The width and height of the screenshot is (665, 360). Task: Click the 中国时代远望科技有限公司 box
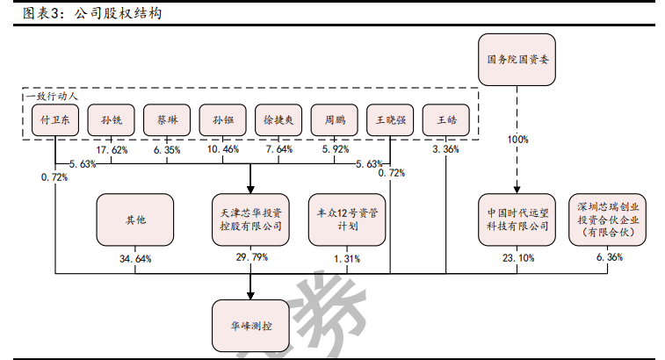pos(517,219)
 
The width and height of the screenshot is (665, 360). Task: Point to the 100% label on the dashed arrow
pos(517,139)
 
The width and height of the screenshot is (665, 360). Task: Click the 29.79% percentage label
pos(251,258)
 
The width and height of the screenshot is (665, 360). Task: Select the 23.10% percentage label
pos(517,258)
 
